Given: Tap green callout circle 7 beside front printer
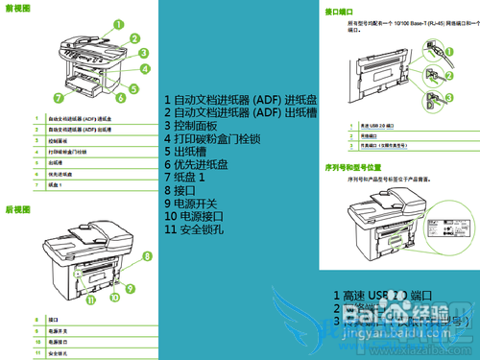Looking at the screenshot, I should (x=59, y=98).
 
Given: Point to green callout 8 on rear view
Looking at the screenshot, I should (x=147, y=255).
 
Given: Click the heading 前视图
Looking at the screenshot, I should (x=17, y=8).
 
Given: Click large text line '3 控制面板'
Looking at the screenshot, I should (x=192, y=126).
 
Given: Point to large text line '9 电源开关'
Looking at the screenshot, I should (x=192, y=204).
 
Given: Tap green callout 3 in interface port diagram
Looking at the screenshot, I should (x=448, y=97).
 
